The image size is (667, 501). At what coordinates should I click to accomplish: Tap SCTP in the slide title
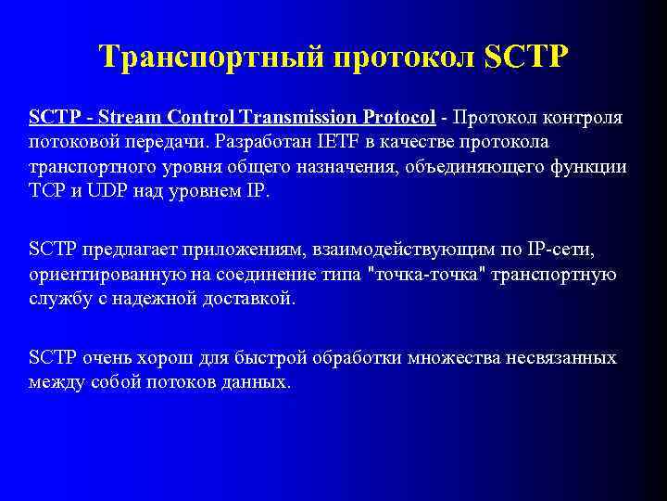[x=526, y=58]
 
